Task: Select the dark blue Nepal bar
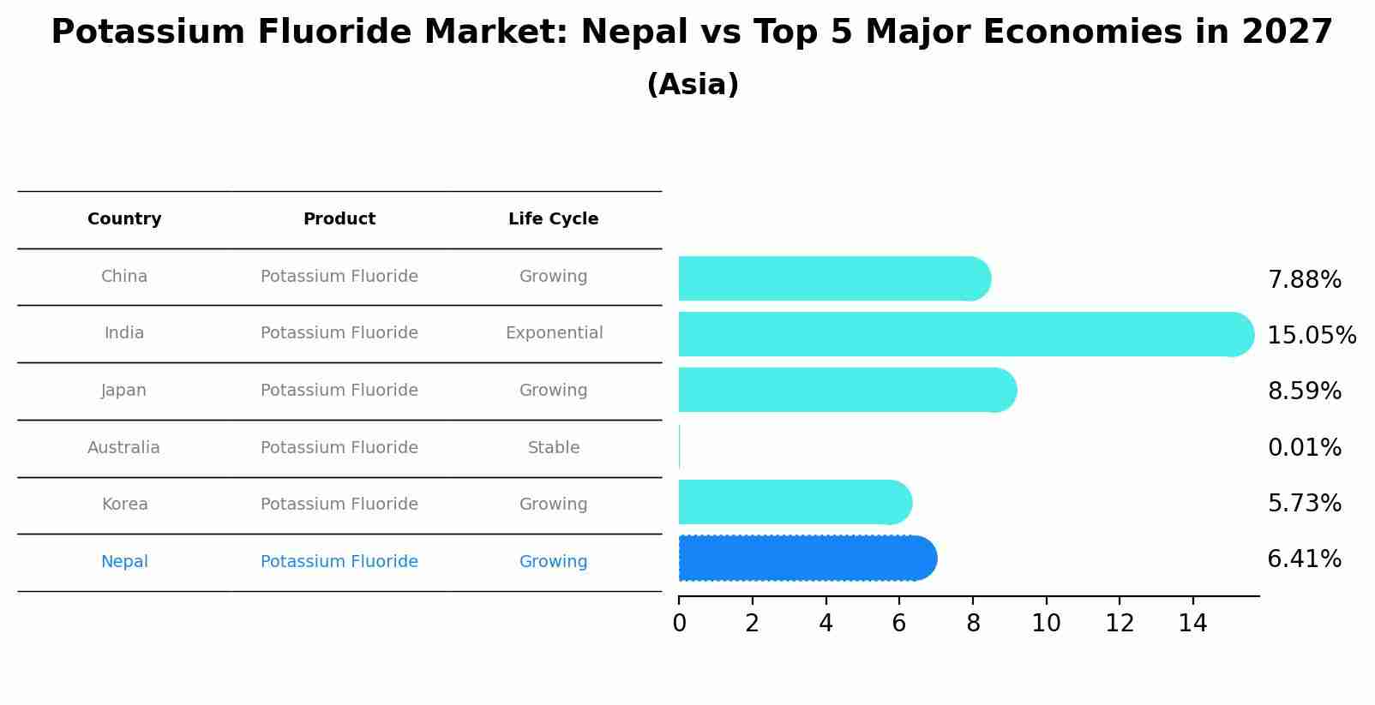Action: (x=806, y=559)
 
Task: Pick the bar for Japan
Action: (x=844, y=390)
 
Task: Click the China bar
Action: (x=832, y=278)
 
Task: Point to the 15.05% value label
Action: (x=1311, y=335)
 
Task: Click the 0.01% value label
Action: (x=1304, y=447)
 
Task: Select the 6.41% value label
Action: (x=1304, y=559)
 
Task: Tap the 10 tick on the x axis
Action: (x=1046, y=623)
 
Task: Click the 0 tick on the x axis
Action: (x=679, y=623)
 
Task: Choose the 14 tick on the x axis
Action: (x=1192, y=623)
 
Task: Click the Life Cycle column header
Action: (x=553, y=219)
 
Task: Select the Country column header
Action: (x=124, y=219)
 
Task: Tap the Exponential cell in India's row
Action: (x=554, y=333)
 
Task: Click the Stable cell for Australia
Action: (x=554, y=447)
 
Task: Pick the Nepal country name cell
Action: (x=124, y=562)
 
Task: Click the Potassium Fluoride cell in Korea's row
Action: (x=339, y=505)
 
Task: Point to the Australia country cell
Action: (x=123, y=447)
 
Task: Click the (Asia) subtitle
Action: (x=693, y=85)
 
